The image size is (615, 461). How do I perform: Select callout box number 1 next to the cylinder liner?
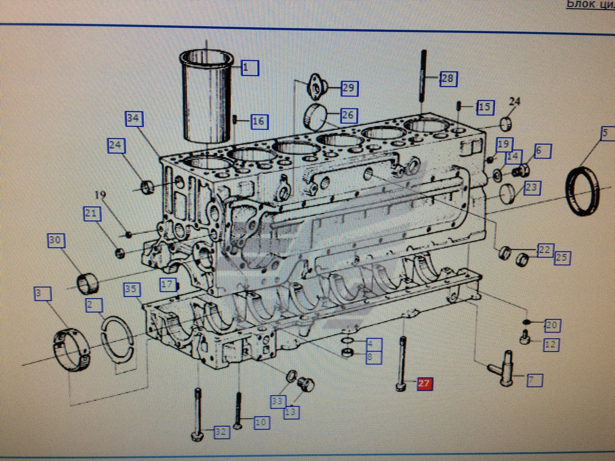pyautogui.click(x=249, y=68)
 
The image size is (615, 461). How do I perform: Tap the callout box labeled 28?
pyautogui.click(x=448, y=79)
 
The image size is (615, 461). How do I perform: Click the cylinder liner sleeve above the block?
pyautogui.click(x=207, y=98)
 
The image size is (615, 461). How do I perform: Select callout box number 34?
pyautogui.click(x=134, y=119)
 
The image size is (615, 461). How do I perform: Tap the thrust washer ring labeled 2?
pyautogui.click(x=117, y=338)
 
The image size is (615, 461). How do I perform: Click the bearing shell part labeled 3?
pyautogui.click(x=72, y=350)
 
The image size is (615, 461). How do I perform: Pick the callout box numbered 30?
pyautogui.click(x=56, y=241)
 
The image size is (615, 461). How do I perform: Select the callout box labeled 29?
pyautogui.click(x=350, y=89)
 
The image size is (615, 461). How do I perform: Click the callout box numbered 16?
pyautogui.click(x=259, y=121)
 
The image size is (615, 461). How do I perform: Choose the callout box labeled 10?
pyautogui.click(x=262, y=423)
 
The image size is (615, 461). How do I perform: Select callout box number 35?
pyautogui.click(x=132, y=289)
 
